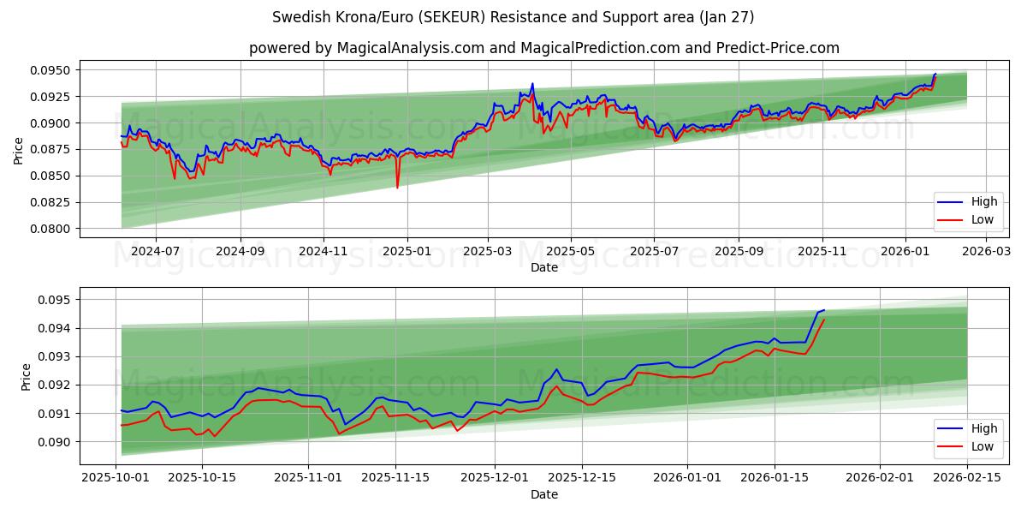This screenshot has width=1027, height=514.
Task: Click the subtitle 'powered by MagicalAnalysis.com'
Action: click(x=543, y=48)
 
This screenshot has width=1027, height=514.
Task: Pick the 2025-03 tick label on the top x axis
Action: click(x=488, y=252)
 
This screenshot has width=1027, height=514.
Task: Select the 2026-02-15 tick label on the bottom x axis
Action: click(x=967, y=478)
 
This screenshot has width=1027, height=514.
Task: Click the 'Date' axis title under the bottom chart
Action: click(x=543, y=494)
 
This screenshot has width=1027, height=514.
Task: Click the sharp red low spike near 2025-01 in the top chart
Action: click(x=397, y=187)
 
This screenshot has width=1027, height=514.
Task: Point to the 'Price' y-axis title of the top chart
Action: click(x=19, y=149)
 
